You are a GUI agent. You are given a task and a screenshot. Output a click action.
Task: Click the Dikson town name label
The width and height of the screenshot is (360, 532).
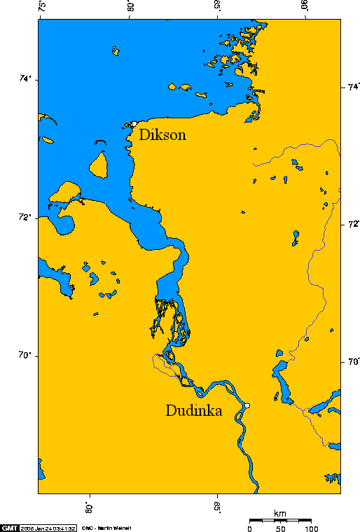(x=162, y=135)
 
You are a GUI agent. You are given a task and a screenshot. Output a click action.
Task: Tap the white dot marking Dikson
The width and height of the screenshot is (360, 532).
(x=133, y=124)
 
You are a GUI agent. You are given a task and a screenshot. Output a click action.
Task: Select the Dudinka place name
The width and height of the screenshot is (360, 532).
(x=193, y=411)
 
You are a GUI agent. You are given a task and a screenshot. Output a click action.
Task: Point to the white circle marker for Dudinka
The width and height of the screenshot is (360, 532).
(x=247, y=405)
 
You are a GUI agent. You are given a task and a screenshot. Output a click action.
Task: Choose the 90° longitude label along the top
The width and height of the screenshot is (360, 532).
(x=305, y=8)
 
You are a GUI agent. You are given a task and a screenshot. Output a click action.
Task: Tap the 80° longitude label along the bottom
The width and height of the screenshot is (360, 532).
(x=90, y=505)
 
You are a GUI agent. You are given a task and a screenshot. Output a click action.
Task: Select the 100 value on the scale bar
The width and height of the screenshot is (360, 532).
(x=312, y=528)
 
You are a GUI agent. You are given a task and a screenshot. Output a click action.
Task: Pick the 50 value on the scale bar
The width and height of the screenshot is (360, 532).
(x=282, y=528)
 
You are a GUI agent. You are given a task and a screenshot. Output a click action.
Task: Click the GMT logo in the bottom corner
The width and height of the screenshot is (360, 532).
(x=9, y=527)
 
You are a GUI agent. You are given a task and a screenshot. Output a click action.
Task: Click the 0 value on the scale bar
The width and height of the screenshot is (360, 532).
(x=250, y=528)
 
